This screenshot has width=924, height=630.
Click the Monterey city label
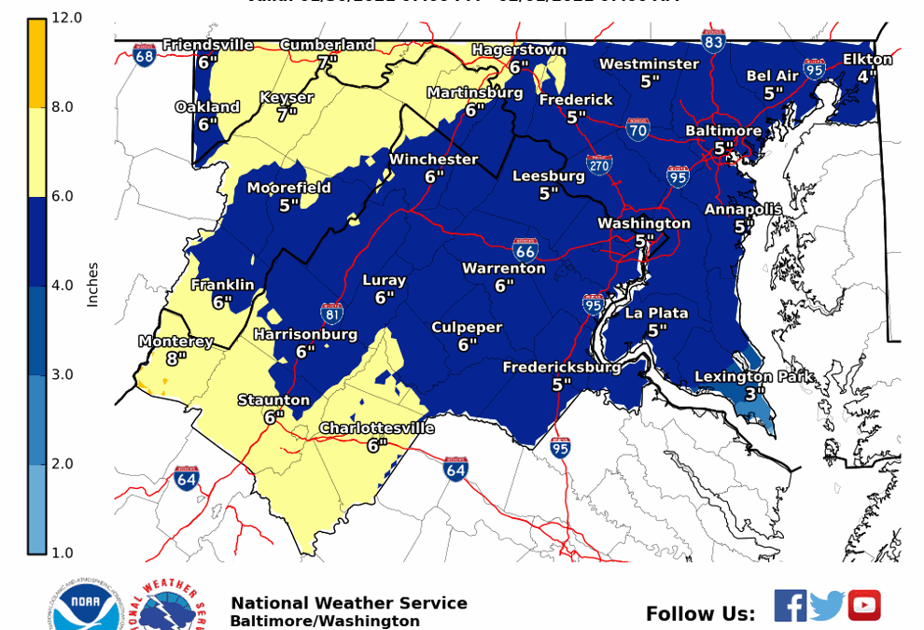click(176, 342)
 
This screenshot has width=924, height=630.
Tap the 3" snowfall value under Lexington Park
click(754, 394)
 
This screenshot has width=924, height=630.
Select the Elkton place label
click(867, 59)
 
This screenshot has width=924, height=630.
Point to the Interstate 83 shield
click(714, 40)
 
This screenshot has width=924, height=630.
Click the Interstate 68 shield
click(144, 55)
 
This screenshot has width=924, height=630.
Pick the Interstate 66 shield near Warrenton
click(525, 249)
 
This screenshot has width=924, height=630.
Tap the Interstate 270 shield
click(599, 166)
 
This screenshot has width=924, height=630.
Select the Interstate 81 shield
click(331, 313)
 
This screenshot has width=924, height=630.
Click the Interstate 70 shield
click(638, 129)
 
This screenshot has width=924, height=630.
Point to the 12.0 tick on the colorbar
click(66, 18)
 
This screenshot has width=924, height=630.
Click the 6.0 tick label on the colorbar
click(63, 196)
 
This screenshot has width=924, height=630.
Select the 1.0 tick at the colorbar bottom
click(63, 553)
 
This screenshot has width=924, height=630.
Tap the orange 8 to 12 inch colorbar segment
click(36, 63)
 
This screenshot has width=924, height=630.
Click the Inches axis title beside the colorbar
click(92, 284)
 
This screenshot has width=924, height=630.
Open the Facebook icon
click(790, 606)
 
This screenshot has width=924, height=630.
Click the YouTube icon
click(864, 606)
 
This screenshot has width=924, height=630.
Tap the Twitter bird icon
click(827, 606)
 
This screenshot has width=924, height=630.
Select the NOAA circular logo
click(87, 608)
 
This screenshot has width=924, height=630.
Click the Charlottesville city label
click(377, 428)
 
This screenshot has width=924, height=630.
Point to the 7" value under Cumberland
click(327, 63)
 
